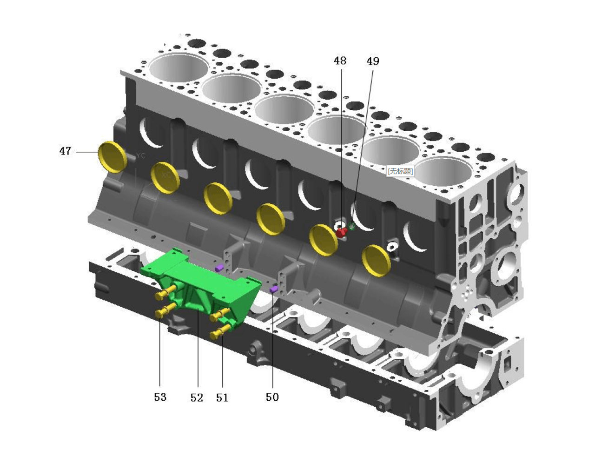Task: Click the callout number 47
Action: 65,151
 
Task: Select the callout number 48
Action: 340,61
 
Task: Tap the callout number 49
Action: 372,61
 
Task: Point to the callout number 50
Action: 272,397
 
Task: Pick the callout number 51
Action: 222,397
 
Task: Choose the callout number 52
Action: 197,397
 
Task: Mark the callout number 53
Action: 160,397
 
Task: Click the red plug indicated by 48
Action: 341,232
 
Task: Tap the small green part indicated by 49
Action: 352,227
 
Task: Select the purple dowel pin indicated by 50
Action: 274,289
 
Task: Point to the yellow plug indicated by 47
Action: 112,156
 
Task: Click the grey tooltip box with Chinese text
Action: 400,171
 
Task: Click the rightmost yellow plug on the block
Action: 376,260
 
